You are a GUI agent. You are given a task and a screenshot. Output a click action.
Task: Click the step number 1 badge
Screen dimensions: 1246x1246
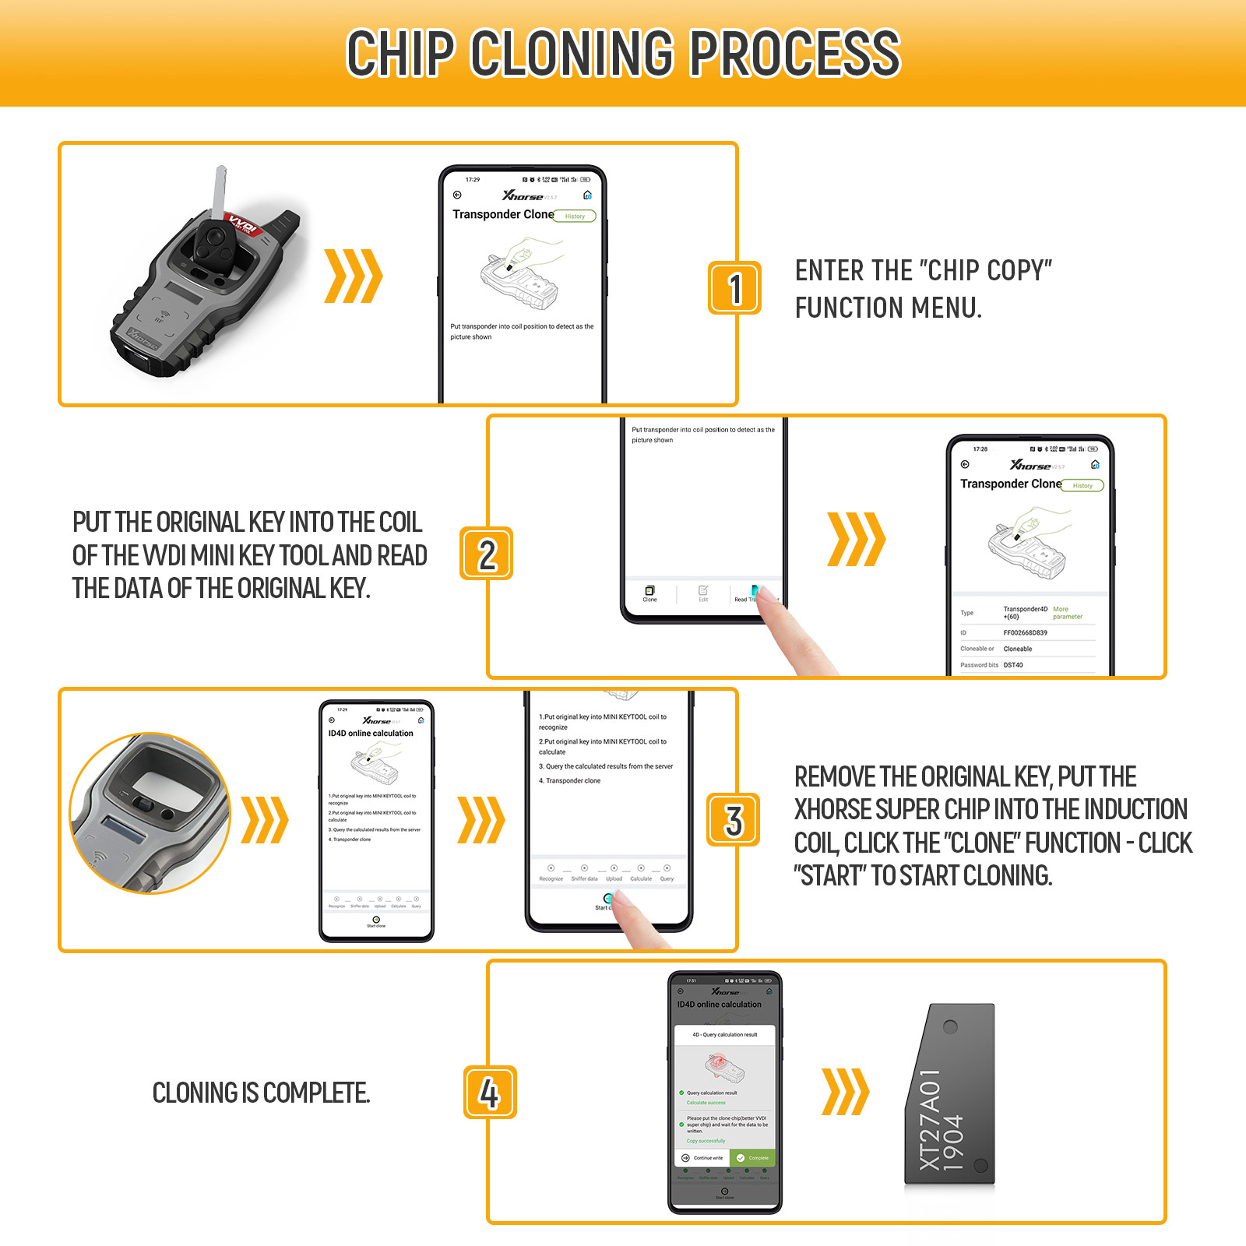click(x=734, y=288)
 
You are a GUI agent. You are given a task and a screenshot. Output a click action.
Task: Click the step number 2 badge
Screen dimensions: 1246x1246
click(x=486, y=554)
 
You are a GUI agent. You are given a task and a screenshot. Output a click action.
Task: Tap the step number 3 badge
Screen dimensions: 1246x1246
click(x=733, y=820)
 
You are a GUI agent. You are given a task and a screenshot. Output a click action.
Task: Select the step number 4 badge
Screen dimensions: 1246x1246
click(x=489, y=1093)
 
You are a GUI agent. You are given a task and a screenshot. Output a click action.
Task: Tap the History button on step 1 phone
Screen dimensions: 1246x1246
click(x=575, y=216)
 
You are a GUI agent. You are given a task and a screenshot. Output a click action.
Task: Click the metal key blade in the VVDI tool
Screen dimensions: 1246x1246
click(x=219, y=191)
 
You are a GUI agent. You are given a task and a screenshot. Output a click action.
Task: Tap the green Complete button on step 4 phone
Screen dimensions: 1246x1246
click(x=752, y=1158)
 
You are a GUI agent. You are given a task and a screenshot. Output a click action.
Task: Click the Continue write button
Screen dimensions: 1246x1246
click(x=702, y=1158)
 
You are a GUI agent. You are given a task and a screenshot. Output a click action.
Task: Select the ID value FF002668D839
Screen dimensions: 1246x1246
click(x=1025, y=633)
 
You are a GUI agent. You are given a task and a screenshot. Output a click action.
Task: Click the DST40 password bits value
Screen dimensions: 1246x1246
click(x=1013, y=665)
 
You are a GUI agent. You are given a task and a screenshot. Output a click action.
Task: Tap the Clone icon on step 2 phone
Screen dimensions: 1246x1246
click(x=649, y=593)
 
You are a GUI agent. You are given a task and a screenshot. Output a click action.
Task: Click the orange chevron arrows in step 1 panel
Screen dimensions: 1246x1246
click(x=353, y=276)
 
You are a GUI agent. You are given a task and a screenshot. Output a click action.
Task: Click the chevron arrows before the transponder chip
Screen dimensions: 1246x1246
click(x=845, y=1092)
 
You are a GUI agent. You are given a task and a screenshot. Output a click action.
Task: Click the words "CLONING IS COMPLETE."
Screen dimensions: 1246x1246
click(x=261, y=1093)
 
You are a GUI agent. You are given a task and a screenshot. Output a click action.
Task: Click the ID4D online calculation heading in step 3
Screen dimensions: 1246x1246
click(x=371, y=734)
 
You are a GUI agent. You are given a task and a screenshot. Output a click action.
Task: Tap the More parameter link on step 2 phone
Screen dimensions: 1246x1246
click(x=1067, y=613)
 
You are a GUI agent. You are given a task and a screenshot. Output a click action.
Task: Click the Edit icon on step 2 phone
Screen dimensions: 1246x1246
click(x=703, y=593)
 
